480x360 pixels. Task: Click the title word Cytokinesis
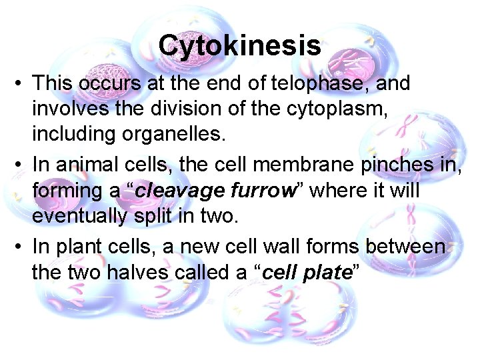click(x=240, y=46)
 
